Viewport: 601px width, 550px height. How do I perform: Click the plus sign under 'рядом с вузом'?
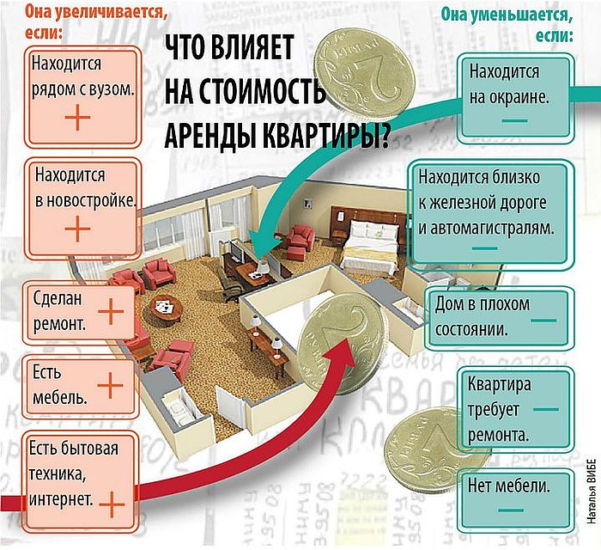click(77, 118)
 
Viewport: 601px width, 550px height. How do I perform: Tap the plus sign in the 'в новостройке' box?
click(77, 228)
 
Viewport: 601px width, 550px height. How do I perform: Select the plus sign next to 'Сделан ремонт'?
click(111, 313)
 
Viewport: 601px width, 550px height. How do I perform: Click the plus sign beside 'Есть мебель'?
click(111, 387)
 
